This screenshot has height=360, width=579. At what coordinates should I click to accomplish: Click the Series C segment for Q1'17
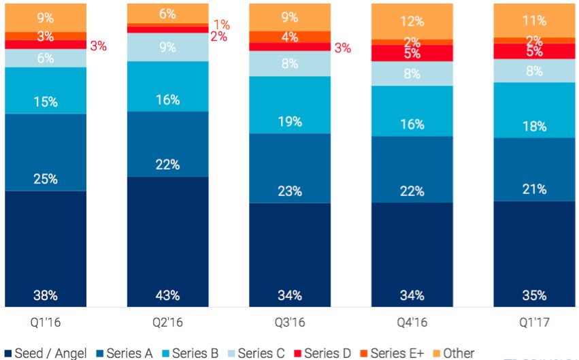(534, 70)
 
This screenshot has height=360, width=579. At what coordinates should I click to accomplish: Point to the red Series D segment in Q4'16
(412, 53)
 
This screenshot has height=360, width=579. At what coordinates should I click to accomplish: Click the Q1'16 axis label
(46, 321)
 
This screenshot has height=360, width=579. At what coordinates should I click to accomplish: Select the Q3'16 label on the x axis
(290, 321)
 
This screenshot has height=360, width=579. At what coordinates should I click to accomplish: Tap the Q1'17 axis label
(534, 321)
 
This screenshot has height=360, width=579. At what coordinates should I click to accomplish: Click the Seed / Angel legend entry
(46, 353)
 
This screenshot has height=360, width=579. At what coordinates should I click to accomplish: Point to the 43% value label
(167, 295)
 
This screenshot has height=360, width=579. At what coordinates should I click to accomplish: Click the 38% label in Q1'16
(46, 295)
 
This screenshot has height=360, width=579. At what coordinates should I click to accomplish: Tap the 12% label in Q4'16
(412, 21)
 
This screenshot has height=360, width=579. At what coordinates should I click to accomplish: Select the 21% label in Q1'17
(534, 189)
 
